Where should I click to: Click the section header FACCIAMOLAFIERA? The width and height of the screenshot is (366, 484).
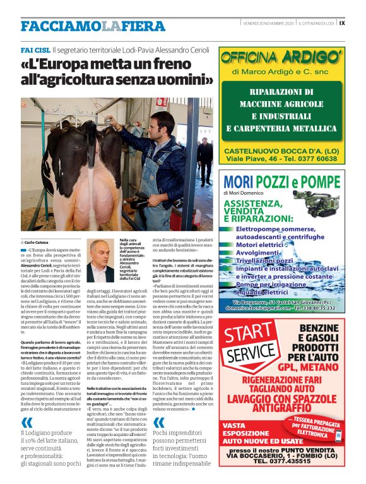[x=93, y=26]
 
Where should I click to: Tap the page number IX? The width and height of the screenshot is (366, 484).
[x=341, y=23]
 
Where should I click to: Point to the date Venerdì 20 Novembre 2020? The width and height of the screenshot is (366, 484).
[x=268, y=23]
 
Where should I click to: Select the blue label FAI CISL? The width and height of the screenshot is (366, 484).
[x=35, y=49]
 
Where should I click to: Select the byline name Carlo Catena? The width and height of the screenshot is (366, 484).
[x=38, y=243]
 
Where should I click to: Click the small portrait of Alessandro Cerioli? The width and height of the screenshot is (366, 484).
[x=100, y=260]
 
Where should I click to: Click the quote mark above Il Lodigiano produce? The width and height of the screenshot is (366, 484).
[x=27, y=423]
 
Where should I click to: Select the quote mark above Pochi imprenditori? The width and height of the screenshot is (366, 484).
[x=159, y=423]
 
